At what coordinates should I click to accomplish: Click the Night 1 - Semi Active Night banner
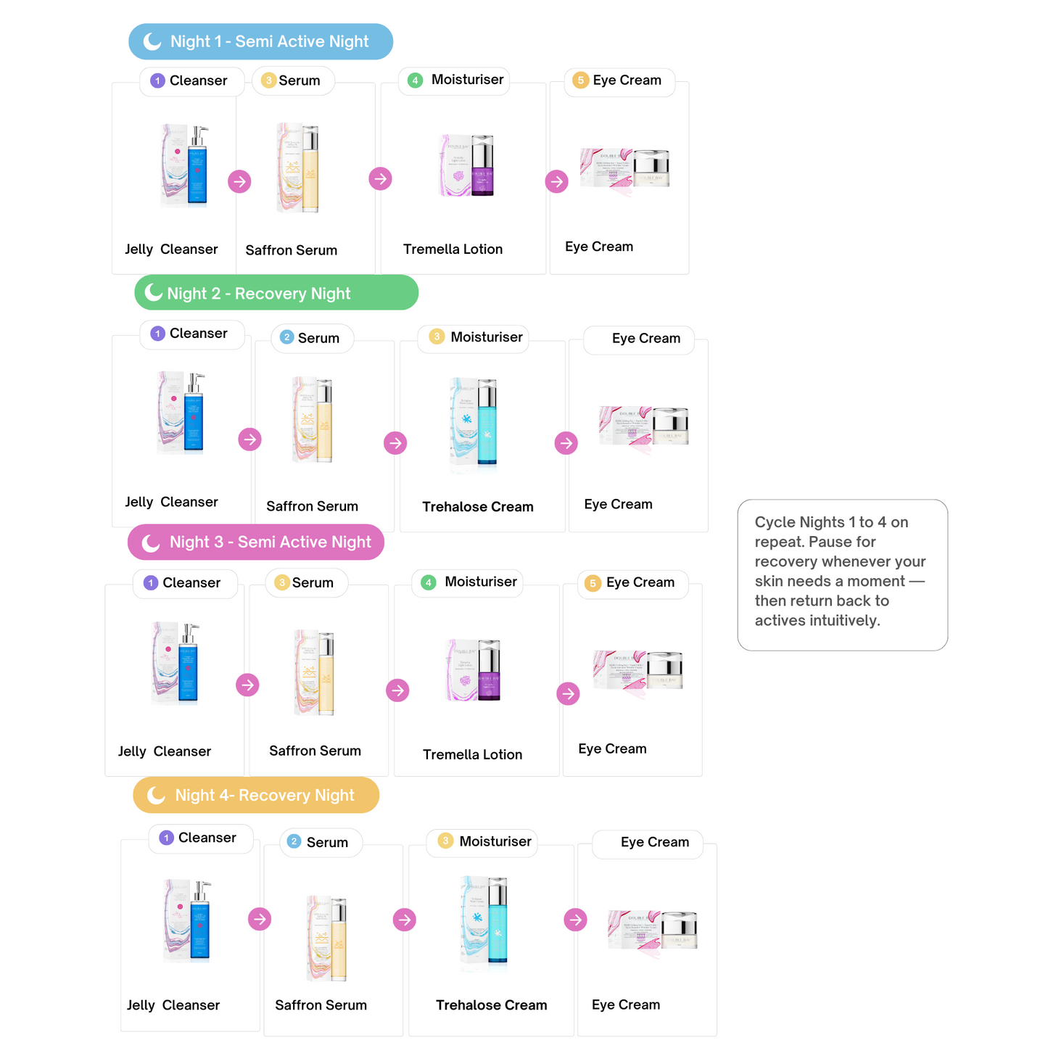pos(261,41)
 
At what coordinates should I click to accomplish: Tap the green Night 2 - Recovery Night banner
pos(276,293)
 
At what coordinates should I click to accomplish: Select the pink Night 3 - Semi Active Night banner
pos(256,542)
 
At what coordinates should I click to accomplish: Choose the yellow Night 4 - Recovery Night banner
pos(256,795)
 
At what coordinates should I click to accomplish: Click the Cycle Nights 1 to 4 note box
pos(842,574)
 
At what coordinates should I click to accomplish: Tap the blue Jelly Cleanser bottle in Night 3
pos(189,663)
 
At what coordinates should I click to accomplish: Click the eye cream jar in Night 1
pos(651,169)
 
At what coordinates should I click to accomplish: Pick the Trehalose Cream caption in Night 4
pos(491,1004)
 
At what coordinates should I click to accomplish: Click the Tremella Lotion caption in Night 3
pos(472,754)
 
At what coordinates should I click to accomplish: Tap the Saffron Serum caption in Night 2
pos(312,506)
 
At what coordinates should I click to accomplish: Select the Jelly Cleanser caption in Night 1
pos(171,249)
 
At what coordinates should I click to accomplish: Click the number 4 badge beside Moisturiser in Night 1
pos(415,81)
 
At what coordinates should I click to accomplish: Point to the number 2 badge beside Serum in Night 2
pos(286,337)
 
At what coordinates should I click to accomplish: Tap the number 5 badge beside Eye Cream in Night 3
pos(593,583)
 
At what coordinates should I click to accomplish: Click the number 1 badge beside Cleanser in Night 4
pos(166,838)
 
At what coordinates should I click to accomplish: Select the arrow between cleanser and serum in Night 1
pos(239,181)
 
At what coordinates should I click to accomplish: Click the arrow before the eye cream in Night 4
pos(575,920)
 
